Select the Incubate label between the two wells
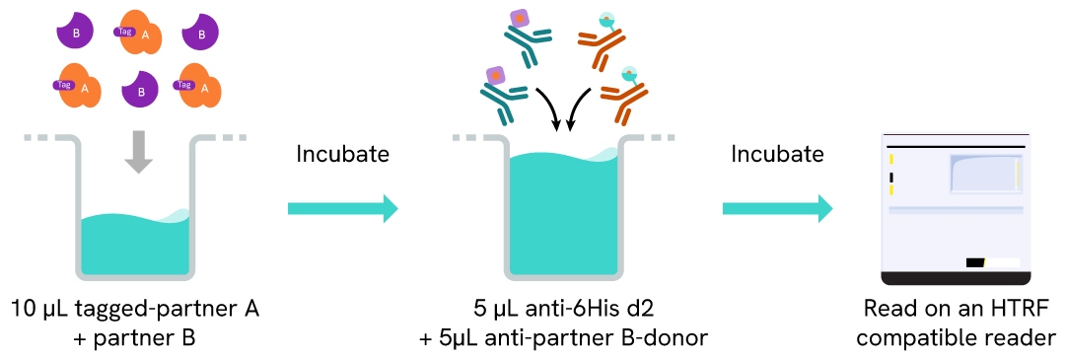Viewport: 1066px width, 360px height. click(x=342, y=155)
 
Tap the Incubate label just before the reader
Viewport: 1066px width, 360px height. click(x=777, y=155)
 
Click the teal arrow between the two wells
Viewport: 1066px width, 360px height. click(x=341, y=208)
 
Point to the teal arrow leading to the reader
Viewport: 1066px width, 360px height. click(x=777, y=208)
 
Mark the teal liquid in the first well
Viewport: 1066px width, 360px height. click(x=135, y=247)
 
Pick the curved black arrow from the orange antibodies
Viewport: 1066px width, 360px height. click(x=579, y=108)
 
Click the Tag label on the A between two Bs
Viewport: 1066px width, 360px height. click(x=125, y=31)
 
